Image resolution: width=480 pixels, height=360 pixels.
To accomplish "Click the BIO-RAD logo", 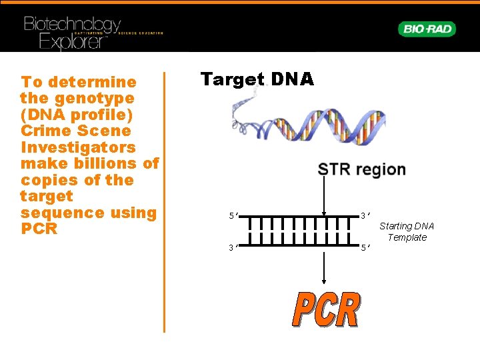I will tap(427, 29).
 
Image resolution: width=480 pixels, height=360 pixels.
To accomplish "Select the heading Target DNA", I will tap(257, 79).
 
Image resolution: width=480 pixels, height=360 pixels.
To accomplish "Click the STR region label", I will tap(362, 169).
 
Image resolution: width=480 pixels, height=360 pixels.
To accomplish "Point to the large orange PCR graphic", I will tap(327, 310).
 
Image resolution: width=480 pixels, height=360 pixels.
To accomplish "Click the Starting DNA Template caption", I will tap(407, 232).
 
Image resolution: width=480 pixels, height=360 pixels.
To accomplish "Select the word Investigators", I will tap(78, 147).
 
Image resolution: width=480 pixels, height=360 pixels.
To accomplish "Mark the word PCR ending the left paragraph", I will tap(39, 229).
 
